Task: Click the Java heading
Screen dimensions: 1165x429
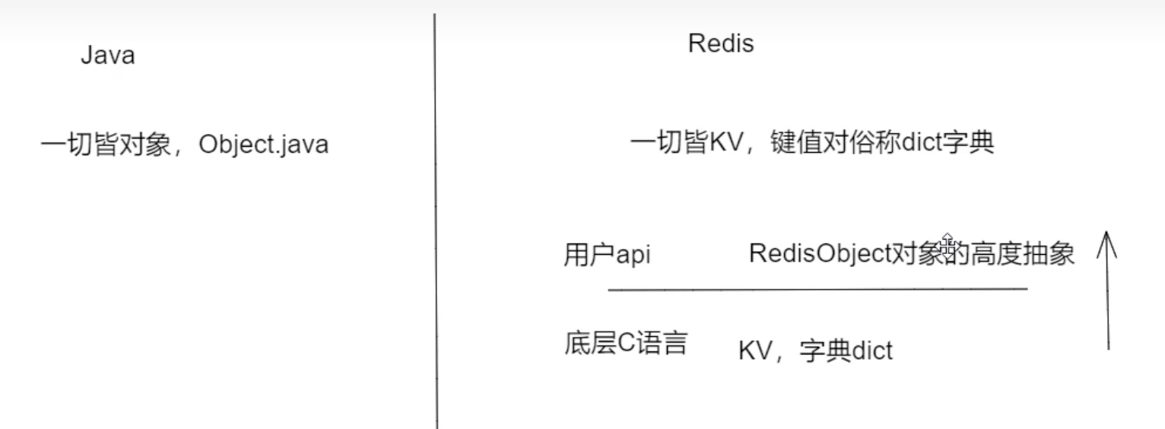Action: click(x=107, y=56)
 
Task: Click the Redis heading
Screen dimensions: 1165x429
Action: click(x=720, y=44)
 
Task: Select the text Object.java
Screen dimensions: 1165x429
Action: click(x=263, y=145)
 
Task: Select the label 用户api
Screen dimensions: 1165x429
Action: click(x=607, y=255)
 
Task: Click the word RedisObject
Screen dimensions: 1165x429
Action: click(x=818, y=254)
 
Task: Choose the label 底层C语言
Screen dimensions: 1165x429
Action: click(x=626, y=344)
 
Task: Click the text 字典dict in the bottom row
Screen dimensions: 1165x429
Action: click(x=846, y=351)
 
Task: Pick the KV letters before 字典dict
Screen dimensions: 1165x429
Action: click(x=753, y=351)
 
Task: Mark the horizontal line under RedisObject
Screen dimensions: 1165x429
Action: click(x=817, y=289)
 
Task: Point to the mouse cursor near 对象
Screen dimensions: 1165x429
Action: click(x=948, y=240)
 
